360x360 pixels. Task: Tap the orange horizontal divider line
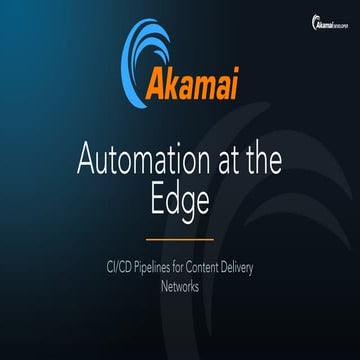tap(180, 240)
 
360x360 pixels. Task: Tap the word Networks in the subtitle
tap(180, 286)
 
